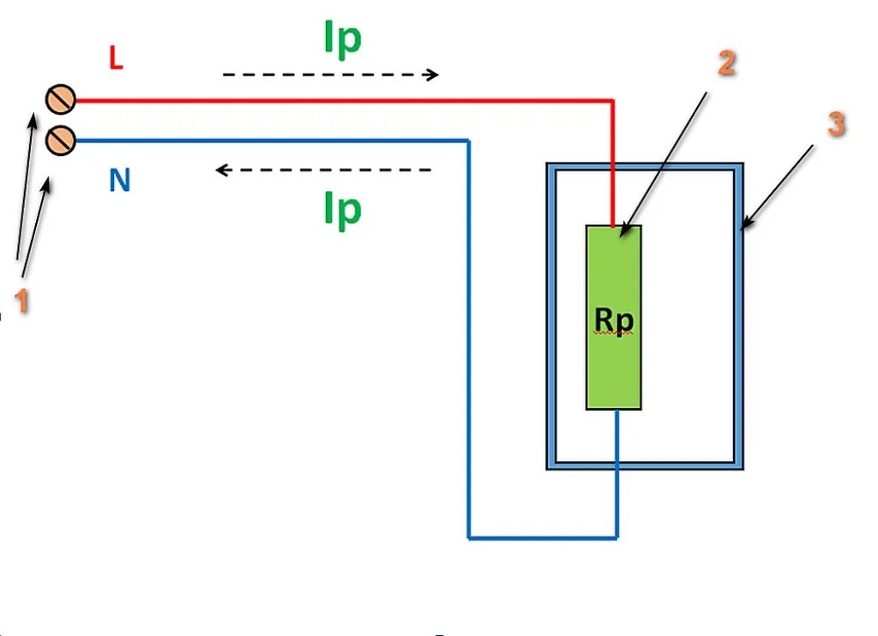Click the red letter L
(x=116, y=58)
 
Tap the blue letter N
(x=120, y=180)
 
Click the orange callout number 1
(x=21, y=301)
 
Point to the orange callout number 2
(x=726, y=63)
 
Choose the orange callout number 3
(x=836, y=123)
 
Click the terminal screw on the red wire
(x=61, y=99)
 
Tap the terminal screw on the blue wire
(x=61, y=140)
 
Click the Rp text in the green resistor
(x=614, y=321)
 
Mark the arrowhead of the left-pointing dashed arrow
(x=221, y=170)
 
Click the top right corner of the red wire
(x=613, y=101)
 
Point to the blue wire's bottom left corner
(x=469, y=538)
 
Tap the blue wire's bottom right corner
(x=617, y=538)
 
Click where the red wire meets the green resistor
(x=613, y=225)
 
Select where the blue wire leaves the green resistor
(x=617, y=410)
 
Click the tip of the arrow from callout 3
(x=741, y=230)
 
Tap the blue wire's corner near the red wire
(x=469, y=141)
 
